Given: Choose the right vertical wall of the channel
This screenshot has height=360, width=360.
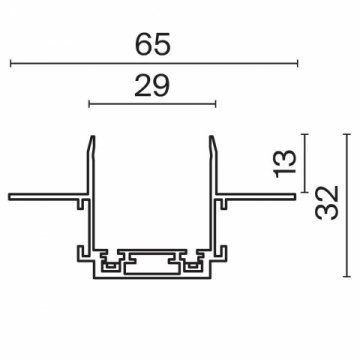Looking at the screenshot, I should click(212, 200).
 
